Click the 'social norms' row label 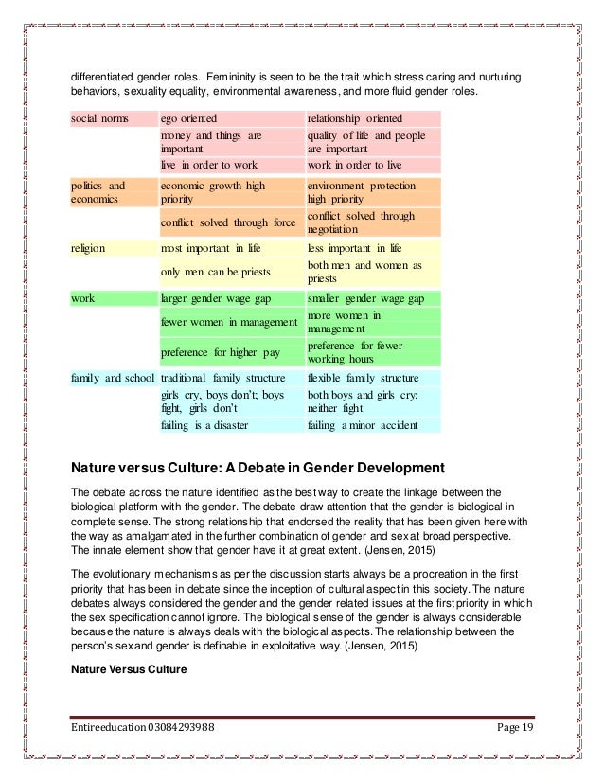point(98,118)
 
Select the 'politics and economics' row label point(98,192)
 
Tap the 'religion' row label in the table point(88,248)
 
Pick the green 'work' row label point(82,297)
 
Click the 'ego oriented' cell point(188,118)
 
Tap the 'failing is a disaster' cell point(204,426)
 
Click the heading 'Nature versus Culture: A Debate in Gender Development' point(257,467)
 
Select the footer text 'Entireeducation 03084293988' point(141,728)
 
